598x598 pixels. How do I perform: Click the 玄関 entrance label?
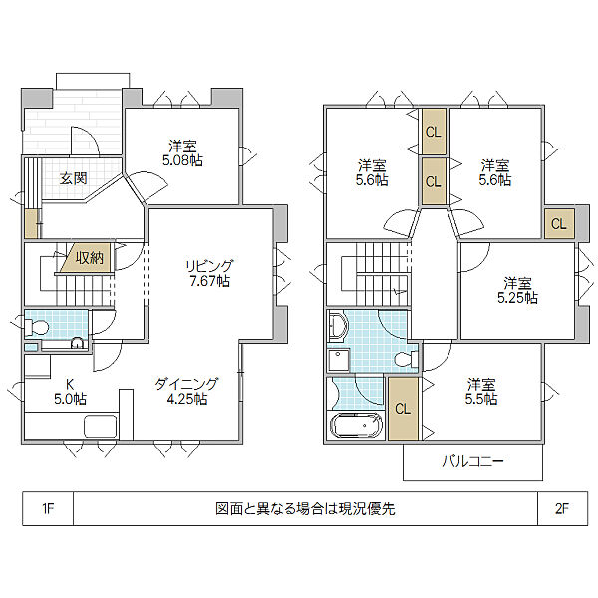coord(73,178)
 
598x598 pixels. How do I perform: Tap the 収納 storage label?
coord(90,258)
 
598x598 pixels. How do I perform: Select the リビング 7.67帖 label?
coord(209,273)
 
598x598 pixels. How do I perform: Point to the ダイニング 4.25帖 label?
coord(187,391)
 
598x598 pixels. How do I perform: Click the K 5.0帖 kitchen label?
coord(70,391)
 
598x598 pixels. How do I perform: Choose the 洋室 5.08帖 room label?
coord(182,153)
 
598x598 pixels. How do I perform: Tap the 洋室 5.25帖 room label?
coord(517,290)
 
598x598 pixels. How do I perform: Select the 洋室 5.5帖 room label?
coord(481,392)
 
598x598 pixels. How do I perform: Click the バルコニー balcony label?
coord(472,462)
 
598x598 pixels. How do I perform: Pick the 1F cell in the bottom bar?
coord(48,508)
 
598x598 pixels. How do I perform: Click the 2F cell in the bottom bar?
coord(562,508)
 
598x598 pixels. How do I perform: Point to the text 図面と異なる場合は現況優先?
coord(305,508)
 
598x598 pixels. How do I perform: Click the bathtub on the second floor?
coord(356,425)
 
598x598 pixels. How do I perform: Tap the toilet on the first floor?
coord(36,327)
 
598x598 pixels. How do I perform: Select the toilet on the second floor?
coord(406,359)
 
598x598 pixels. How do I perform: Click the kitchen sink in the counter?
coord(101,426)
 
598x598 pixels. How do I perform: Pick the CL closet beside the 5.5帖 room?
coord(403,408)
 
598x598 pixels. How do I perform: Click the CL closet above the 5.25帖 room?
coord(559,224)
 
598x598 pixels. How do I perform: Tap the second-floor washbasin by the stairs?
coord(338,326)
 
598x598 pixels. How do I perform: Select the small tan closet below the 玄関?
coord(31,224)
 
